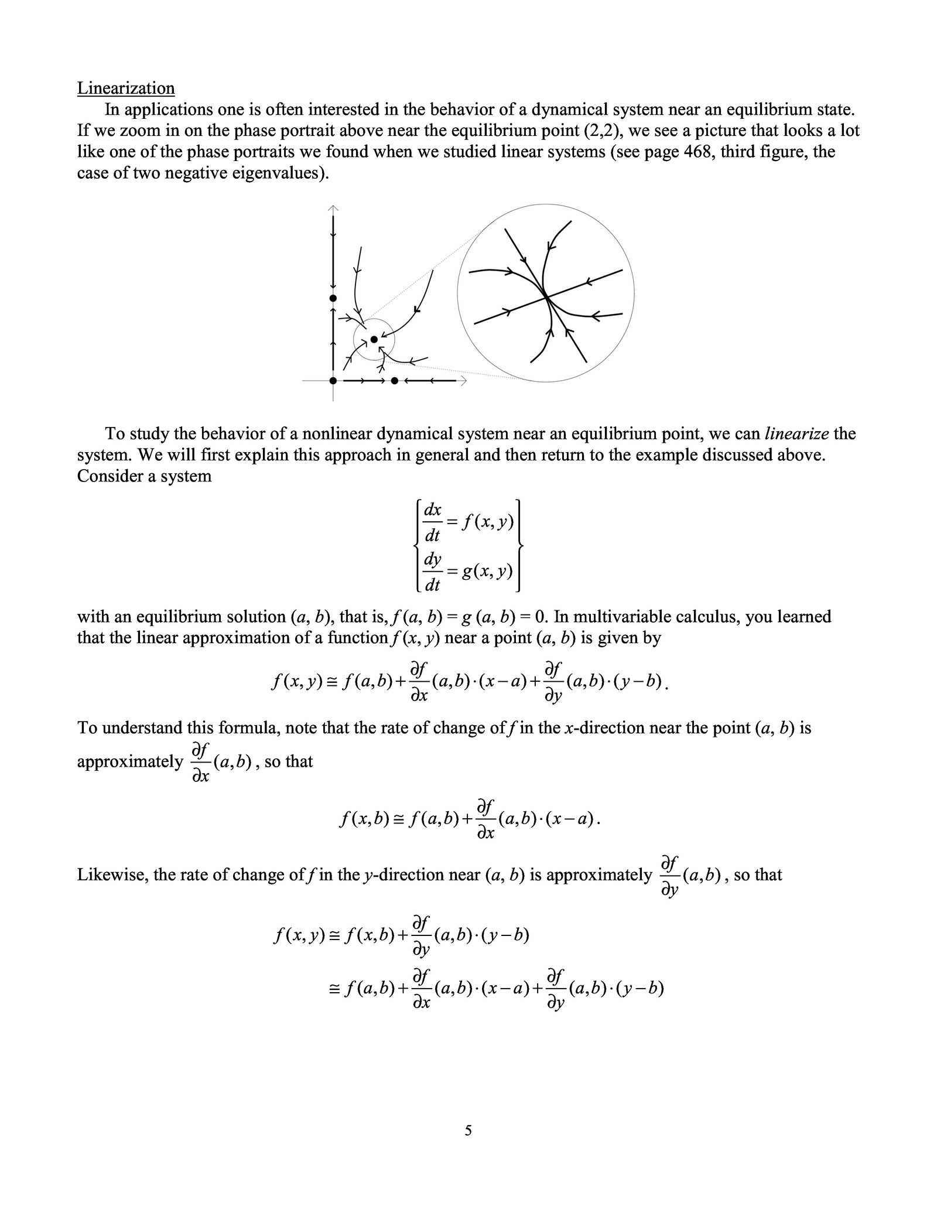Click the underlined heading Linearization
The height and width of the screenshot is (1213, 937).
point(126,88)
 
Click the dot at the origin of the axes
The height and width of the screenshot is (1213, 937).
point(333,381)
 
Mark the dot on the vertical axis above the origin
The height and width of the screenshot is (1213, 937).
point(333,298)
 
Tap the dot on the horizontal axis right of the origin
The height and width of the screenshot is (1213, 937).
point(394,381)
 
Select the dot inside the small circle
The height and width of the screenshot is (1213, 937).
point(374,340)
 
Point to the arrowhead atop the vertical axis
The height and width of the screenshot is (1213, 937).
point(333,207)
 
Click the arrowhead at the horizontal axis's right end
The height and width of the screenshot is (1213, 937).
point(463,381)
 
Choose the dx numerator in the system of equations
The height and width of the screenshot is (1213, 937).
point(432,510)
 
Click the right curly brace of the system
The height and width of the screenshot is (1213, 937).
point(518,545)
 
